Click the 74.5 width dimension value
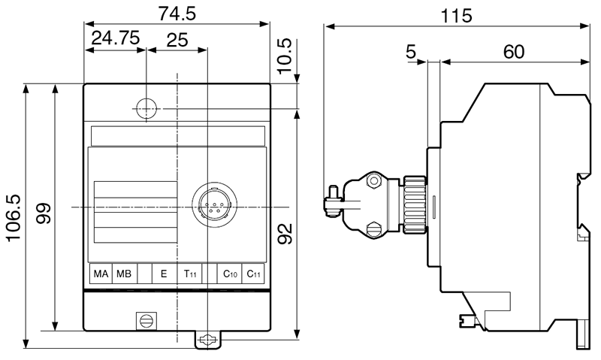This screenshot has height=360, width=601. click(177, 13)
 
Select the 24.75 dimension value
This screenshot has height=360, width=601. click(116, 39)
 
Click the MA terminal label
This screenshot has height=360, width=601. click(101, 274)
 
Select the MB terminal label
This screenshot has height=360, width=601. click(123, 274)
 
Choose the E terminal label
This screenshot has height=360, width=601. click(164, 274)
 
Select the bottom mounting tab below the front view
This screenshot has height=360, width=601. click(208, 340)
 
